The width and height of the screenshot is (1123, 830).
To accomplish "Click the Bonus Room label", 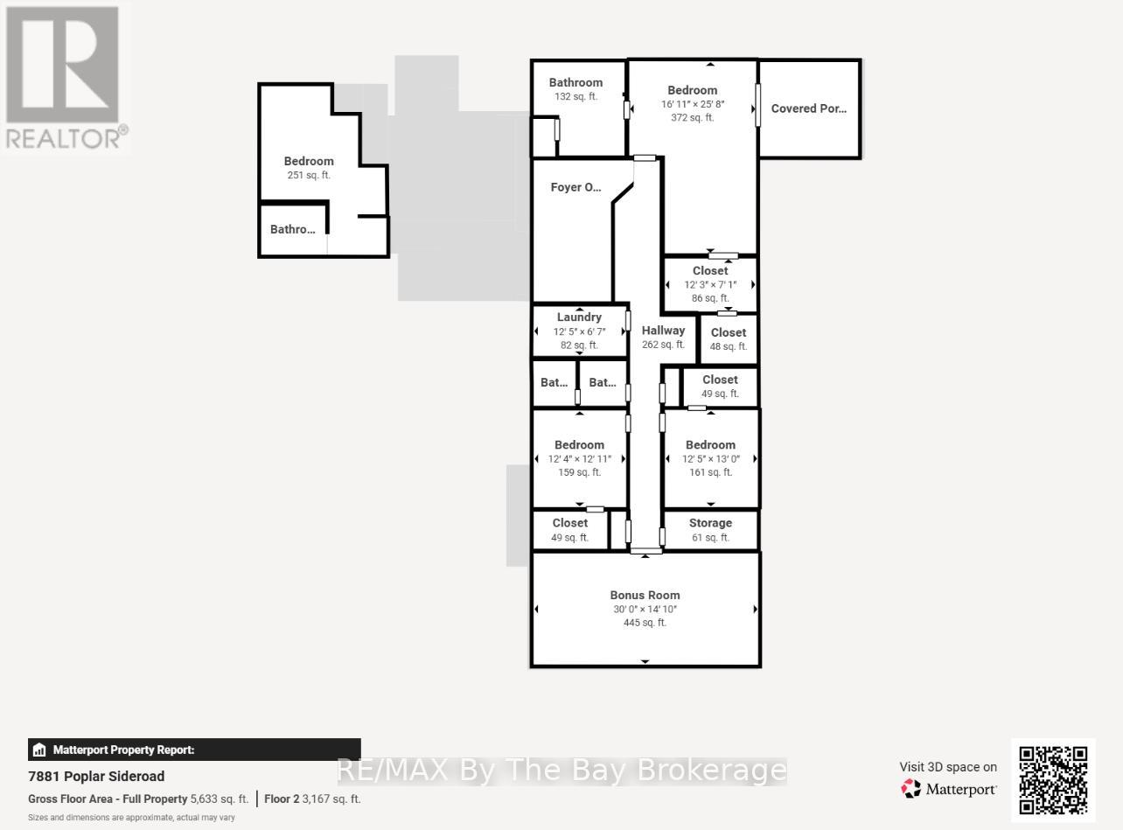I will (645, 595).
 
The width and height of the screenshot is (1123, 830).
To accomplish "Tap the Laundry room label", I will (579, 317).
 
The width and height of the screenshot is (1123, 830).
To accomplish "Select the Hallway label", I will (663, 331).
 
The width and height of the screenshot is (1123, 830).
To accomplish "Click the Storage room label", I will (710, 523).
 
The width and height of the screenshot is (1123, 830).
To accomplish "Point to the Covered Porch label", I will (808, 109).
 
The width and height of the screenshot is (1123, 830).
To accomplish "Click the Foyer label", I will (575, 187).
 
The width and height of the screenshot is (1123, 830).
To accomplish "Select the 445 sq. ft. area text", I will (645, 623).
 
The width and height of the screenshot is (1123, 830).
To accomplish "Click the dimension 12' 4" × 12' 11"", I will (579, 459).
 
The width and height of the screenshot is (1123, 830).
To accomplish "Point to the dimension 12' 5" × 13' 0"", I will (710, 459).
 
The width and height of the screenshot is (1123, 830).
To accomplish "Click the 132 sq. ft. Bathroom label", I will (575, 83).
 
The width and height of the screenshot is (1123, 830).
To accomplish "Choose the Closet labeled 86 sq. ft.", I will (710, 271).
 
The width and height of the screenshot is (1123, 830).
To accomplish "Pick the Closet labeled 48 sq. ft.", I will (729, 332).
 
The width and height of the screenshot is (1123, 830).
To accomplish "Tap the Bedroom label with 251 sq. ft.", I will (309, 161).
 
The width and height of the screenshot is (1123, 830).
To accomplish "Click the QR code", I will (1053, 780).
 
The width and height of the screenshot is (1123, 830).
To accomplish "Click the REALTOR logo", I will (66, 78).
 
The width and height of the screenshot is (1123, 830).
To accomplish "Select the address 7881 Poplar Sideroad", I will (96, 777).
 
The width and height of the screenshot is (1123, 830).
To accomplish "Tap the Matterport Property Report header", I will (123, 750).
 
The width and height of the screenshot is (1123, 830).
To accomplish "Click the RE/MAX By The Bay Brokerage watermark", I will (561, 771).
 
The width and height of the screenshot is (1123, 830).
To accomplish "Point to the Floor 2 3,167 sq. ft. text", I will (312, 799).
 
